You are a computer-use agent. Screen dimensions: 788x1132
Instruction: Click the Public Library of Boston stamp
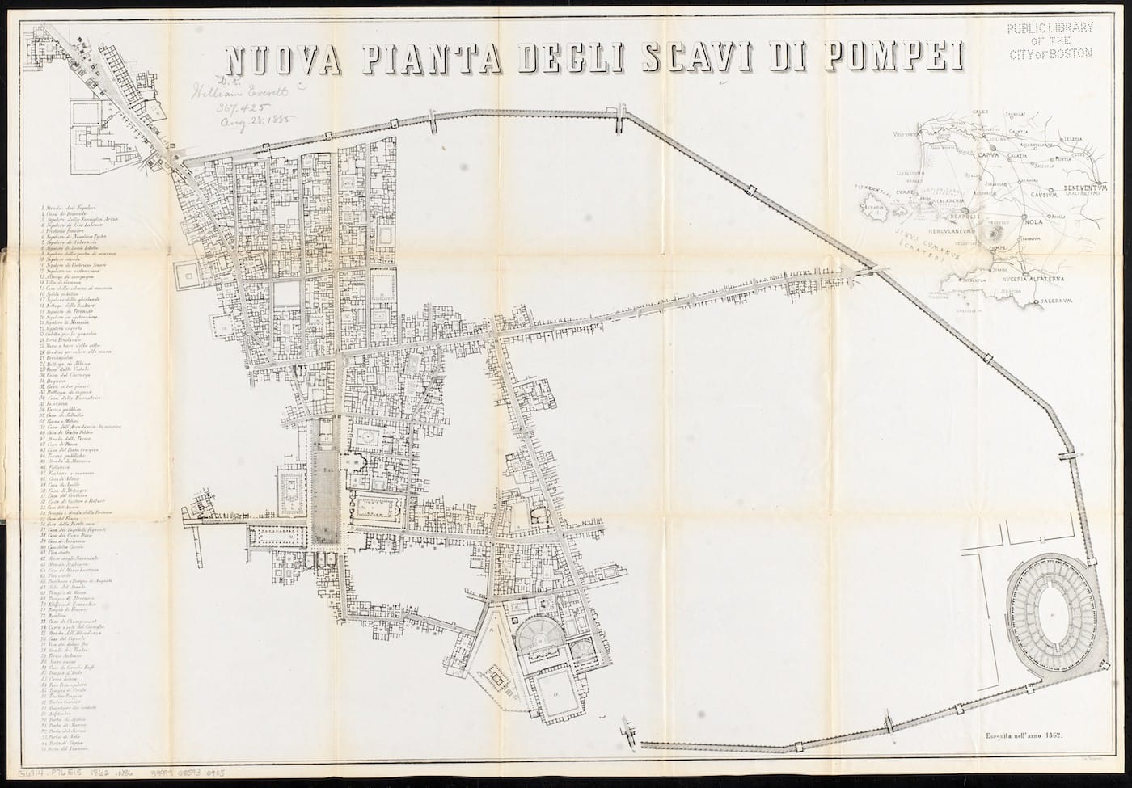(1050, 40)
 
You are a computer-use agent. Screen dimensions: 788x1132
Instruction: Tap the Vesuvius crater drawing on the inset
(993, 233)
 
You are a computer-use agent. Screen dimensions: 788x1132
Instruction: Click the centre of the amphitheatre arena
(1052, 617)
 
